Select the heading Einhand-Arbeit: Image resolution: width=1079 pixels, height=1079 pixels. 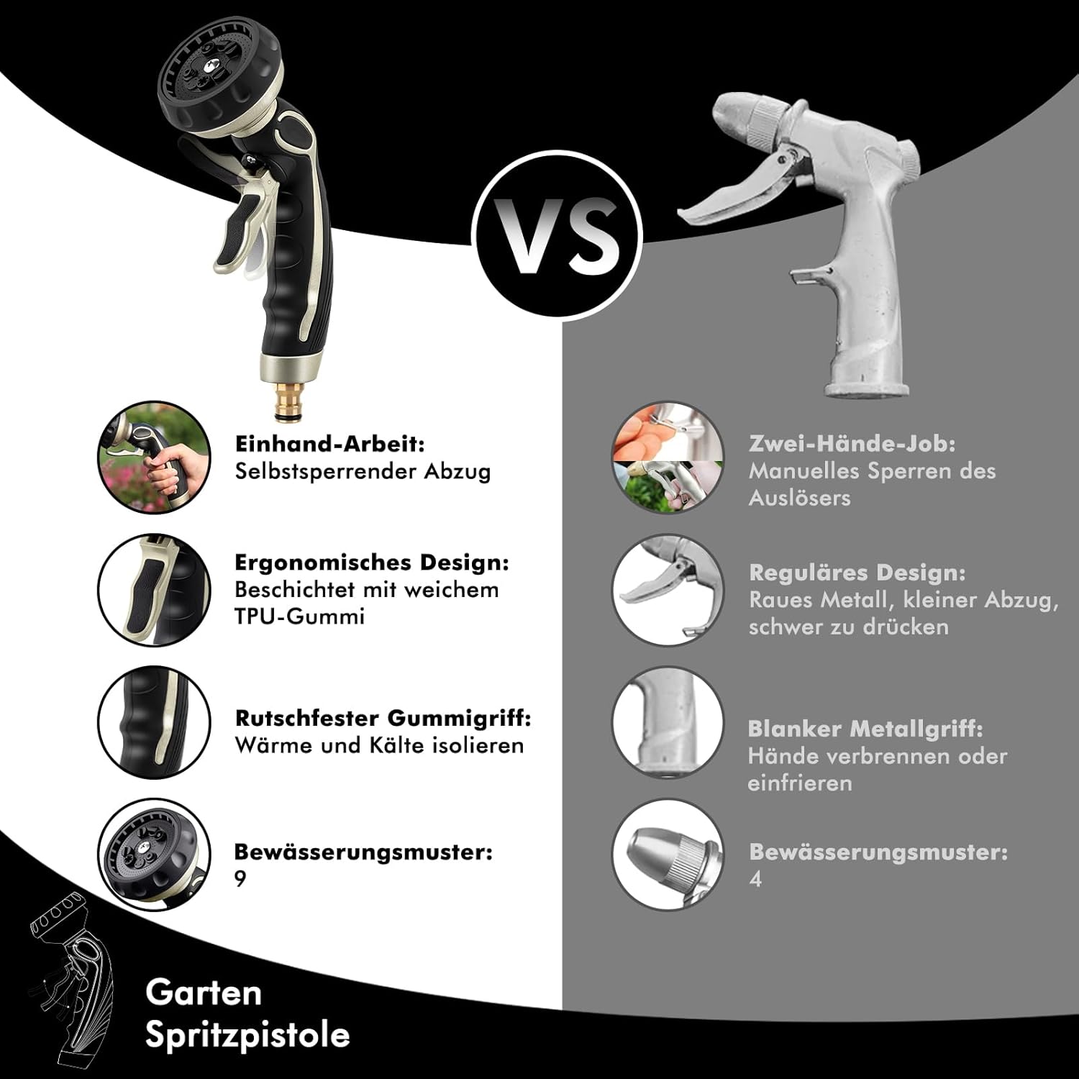[x=330, y=444]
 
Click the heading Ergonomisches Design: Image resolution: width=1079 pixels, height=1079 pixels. [x=371, y=563]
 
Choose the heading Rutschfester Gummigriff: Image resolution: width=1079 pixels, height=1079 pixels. [x=383, y=718]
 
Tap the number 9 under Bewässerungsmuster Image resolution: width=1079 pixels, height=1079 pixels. [x=240, y=879]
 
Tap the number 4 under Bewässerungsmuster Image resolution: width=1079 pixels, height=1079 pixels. [x=755, y=879]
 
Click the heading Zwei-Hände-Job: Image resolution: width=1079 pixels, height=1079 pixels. [x=852, y=444]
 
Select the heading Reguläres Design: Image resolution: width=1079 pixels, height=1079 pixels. [x=857, y=573]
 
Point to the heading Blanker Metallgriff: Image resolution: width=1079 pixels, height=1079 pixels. [x=865, y=729]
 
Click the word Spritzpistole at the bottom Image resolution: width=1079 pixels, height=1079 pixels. [x=247, y=1035]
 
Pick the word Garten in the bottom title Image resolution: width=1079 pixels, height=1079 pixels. [x=204, y=993]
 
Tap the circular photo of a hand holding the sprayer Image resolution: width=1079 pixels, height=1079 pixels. [x=154, y=457]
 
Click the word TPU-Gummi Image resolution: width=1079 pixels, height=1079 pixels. [x=299, y=616]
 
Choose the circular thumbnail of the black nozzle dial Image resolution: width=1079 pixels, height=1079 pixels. [x=154, y=854]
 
